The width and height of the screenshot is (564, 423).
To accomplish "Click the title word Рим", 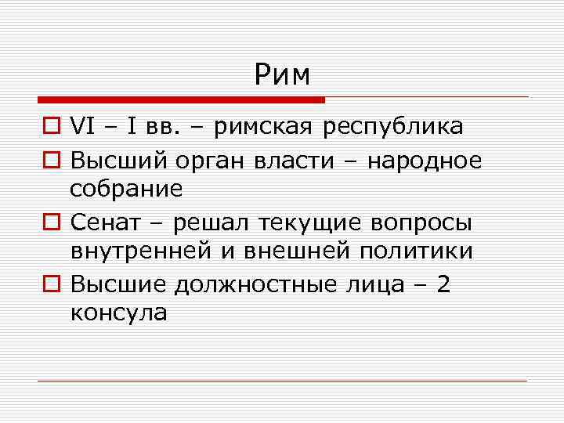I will pos(282,74).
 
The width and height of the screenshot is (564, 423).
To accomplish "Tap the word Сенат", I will pos(102,222).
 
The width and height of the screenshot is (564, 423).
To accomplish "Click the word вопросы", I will pos(418,222).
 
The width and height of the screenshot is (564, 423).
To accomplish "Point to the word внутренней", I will pos(149,251).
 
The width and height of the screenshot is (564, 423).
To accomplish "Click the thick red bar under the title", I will pos(181,100).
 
